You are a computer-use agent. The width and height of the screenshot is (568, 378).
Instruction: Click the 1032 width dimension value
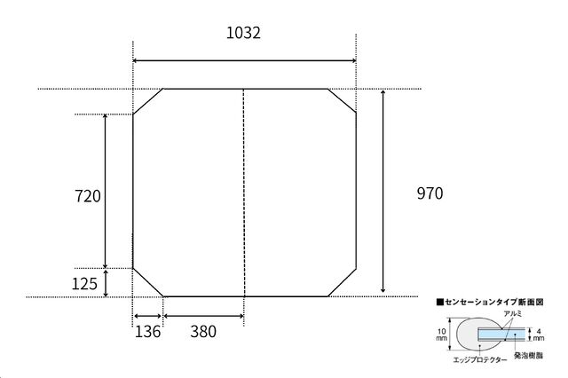click(x=243, y=33)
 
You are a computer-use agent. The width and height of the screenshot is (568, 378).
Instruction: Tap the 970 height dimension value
click(x=430, y=193)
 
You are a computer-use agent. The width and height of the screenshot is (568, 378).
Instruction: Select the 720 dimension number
click(x=87, y=196)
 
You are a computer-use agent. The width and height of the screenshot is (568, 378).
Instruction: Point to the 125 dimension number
click(x=84, y=284)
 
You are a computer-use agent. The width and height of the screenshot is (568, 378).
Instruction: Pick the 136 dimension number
click(x=147, y=332)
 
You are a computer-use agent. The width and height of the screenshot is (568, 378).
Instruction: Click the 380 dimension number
click(x=203, y=332)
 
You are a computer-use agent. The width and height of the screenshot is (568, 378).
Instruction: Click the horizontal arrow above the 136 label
click(x=148, y=316)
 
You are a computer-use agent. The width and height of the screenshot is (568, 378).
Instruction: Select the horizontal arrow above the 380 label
click(x=204, y=316)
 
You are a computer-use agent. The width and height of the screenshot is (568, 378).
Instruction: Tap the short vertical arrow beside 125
click(x=106, y=283)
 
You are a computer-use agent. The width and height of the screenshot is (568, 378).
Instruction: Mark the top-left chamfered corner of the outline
click(x=148, y=101)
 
